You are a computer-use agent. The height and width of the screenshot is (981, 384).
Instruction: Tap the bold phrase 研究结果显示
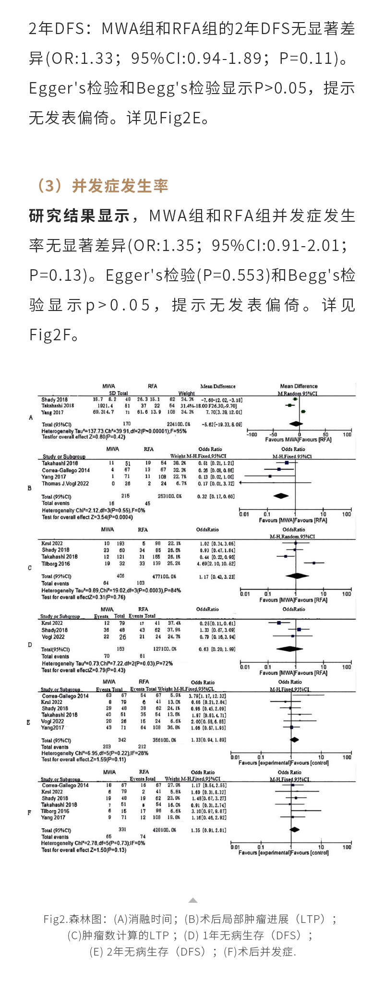[x=80, y=216]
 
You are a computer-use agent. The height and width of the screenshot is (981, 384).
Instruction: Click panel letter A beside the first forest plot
[x=31, y=418]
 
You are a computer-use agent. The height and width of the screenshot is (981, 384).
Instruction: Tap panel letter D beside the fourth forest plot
[x=30, y=645]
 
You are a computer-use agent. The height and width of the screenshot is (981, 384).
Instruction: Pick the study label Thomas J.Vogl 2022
[x=65, y=484]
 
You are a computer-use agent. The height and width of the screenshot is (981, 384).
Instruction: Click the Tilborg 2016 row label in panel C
[x=56, y=564]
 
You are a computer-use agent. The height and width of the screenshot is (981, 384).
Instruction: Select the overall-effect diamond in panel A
[x=296, y=424]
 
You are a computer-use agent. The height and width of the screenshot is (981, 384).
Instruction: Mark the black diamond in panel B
[x=281, y=496]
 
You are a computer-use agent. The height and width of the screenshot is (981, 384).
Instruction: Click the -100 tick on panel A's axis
[x=252, y=434]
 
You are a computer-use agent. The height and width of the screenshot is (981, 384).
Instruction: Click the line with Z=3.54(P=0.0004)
[x=87, y=517]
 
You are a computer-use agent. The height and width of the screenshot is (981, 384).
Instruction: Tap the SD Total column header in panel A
[x=118, y=393]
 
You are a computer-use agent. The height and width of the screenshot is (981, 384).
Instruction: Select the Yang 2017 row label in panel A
[x=52, y=412]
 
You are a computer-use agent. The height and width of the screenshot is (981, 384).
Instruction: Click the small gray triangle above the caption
[x=192, y=900]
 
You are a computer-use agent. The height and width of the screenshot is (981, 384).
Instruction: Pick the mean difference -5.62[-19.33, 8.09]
[x=222, y=424]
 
